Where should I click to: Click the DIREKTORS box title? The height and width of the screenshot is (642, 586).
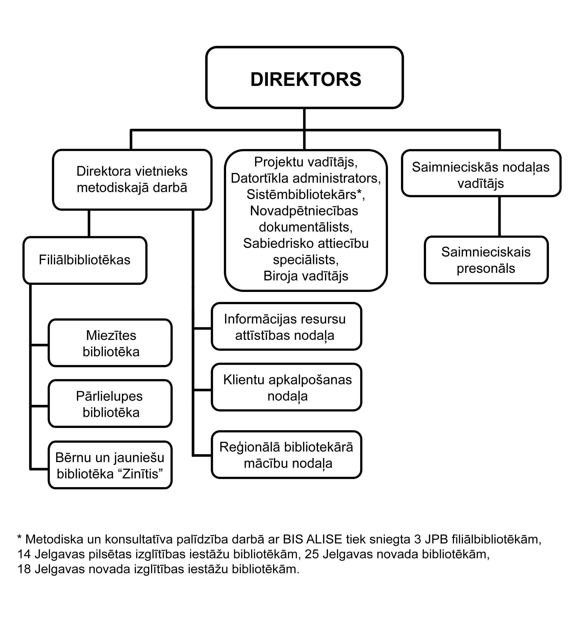click(x=305, y=79)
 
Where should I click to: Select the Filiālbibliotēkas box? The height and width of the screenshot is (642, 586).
click(x=85, y=260)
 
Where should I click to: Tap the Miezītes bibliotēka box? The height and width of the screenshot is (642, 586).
click(x=110, y=343)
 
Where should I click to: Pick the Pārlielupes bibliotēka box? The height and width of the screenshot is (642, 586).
click(x=110, y=404)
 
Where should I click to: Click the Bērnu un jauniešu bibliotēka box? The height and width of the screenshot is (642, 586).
click(x=110, y=466)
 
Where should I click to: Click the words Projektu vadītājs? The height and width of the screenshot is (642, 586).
click(x=305, y=162)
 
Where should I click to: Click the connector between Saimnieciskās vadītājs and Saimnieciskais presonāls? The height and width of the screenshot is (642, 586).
click(x=499, y=216)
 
